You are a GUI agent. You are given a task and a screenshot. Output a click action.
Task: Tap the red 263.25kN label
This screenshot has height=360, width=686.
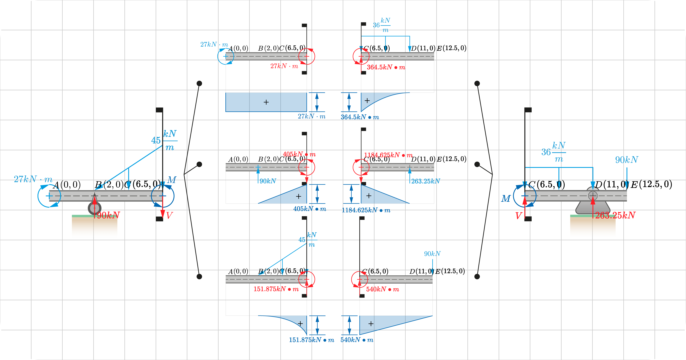point(615,215)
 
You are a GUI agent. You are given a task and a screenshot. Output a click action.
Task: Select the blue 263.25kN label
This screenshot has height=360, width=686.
point(426,181)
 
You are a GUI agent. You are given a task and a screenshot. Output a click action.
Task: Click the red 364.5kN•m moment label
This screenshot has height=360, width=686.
point(386,67)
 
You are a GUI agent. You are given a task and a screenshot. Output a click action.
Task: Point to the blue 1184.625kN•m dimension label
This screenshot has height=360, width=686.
point(366,210)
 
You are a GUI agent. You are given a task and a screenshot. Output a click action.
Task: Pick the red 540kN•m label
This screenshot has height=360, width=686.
point(382,289)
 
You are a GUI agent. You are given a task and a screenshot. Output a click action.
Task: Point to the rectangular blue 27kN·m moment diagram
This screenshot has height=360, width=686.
point(266,102)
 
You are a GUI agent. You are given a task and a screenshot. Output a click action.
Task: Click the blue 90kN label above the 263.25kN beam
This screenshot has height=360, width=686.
point(626,160)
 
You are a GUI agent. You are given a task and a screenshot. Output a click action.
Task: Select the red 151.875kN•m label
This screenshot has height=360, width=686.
point(276,289)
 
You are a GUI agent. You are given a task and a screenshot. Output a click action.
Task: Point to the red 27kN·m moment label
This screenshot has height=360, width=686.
point(284,66)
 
